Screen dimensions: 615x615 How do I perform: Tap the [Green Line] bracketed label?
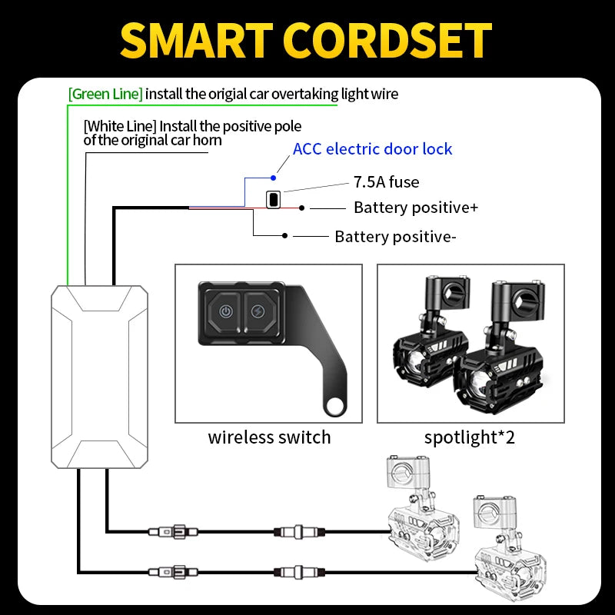105,94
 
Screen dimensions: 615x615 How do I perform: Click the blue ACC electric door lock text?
373,148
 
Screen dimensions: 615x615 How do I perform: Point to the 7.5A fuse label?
387,182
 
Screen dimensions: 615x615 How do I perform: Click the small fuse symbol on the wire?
272,199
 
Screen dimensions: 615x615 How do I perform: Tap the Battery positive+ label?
416,208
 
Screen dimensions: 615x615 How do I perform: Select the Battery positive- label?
395,237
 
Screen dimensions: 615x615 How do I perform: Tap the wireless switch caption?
269,437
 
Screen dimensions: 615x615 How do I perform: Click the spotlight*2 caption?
470,437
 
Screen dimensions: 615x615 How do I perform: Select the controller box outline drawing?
99,376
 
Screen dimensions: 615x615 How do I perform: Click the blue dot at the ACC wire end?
273,178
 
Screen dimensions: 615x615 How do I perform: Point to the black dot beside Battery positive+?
303,208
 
